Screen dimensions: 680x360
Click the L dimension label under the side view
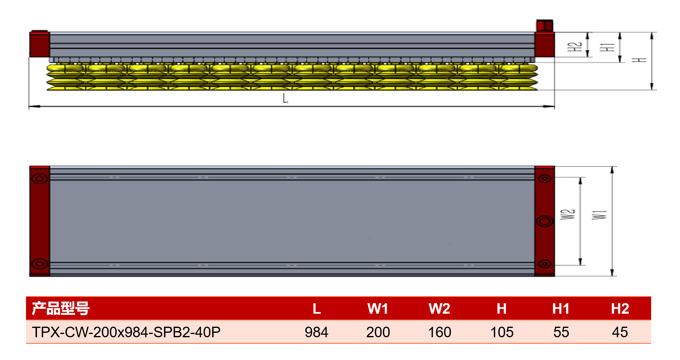(x=285, y=98)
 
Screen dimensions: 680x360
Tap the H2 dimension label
(x=574, y=47)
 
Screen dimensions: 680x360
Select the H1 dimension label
(x=607, y=47)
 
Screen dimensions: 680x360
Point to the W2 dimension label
(x=567, y=214)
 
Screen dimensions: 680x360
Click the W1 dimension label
(x=599, y=215)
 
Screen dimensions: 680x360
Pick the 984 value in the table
(x=316, y=332)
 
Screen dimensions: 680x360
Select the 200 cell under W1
(x=378, y=332)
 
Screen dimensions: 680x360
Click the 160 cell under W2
(x=440, y=332)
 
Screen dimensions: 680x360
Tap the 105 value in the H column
(x=502, y=332)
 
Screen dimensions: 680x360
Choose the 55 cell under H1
(x=561, y=332)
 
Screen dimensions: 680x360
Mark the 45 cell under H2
(x=620, y=332)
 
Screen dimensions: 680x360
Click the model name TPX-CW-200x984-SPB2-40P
(x=126, y=332)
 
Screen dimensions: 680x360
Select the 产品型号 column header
(x=61, y=308)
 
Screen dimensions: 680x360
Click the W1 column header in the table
(x=378, y=309)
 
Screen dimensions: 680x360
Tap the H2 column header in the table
(x=620, y=309)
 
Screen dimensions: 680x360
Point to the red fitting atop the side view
(x=545, y=26)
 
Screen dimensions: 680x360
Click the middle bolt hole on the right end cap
(x=545, y=221)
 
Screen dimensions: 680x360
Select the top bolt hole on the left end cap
(x=40, y=178)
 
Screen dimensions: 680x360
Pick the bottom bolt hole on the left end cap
(x=40, y=263)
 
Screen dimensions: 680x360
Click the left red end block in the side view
(x=39, y=44)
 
